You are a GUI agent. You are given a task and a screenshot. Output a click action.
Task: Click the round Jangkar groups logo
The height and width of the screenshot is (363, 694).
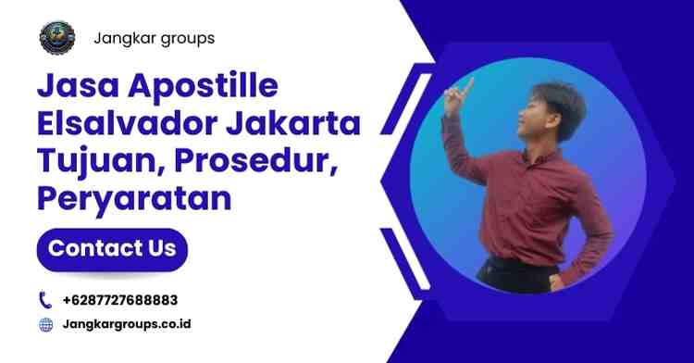57,38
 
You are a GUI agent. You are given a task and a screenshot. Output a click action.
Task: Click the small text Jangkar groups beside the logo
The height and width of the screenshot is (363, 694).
154,39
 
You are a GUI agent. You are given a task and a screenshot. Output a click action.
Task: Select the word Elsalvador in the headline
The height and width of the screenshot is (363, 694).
119,126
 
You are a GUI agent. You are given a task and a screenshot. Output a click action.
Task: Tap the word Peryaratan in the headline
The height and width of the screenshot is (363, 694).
133,198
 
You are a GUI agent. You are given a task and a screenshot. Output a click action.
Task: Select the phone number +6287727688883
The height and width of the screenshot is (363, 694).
120,300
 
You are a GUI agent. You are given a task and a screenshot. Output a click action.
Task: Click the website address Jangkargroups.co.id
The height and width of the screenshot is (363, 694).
127,325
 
